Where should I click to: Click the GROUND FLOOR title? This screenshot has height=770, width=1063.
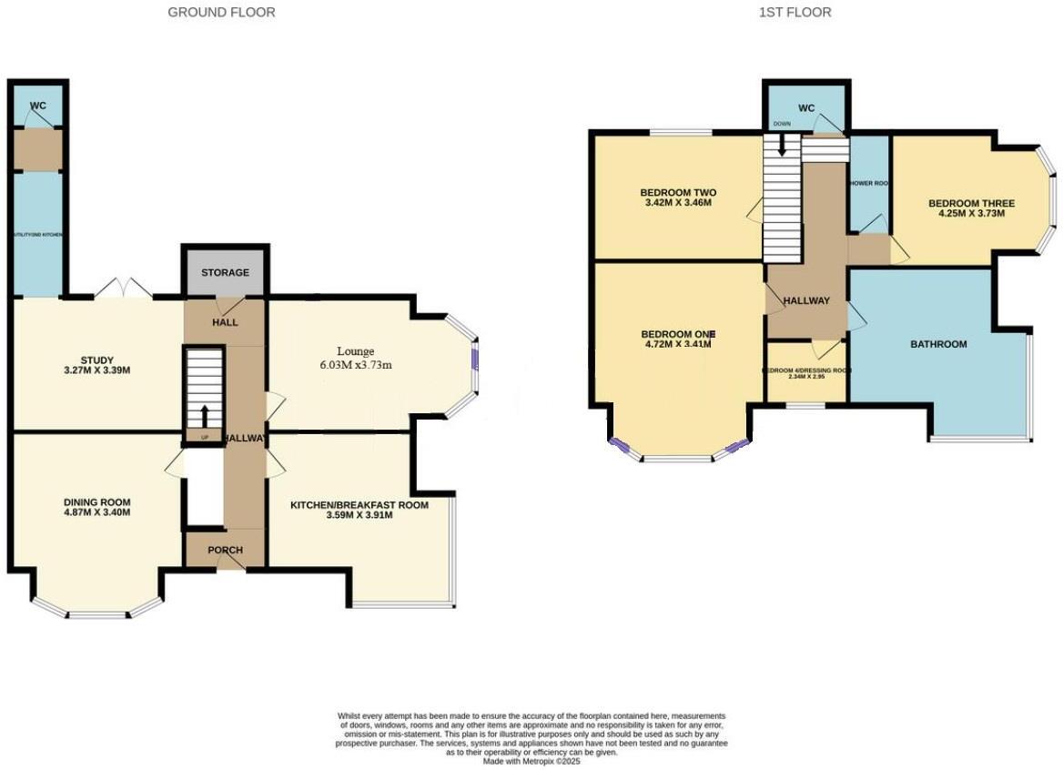[222, 13]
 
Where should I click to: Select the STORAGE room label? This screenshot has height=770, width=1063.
[226, 272]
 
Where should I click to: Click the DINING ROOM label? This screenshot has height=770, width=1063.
[96, 502]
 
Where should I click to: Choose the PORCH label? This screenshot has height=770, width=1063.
[225, 550]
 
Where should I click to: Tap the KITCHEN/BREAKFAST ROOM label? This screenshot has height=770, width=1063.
[359, 504]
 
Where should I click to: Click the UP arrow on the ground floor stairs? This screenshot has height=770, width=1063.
[204, 416]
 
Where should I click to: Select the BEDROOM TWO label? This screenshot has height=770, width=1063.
[678, 193]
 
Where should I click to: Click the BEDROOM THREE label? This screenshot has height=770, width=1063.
[971, 203]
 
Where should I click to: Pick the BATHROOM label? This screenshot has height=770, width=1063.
[938, 344]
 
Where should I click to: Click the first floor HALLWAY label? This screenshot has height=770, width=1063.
[806, 300]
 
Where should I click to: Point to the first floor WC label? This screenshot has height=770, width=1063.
[806, 109]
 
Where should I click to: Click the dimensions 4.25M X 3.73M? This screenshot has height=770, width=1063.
[971, 214]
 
